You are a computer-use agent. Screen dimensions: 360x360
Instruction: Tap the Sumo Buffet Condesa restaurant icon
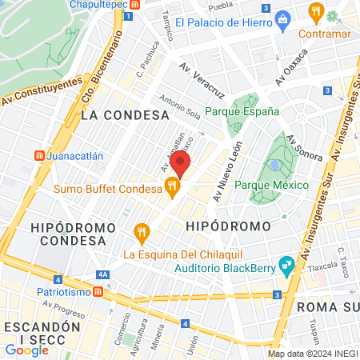pos(171,187)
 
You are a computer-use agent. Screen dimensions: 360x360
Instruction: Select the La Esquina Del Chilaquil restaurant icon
pos(142,233)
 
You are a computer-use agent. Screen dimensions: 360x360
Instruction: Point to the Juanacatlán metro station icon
pos(37,155)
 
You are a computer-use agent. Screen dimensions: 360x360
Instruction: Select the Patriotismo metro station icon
pos(96,293)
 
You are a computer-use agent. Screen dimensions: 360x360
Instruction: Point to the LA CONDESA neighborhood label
pos(112,115)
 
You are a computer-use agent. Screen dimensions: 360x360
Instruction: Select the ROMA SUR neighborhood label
pos(326,306)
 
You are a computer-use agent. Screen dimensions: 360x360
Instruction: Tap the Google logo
pos(26,349)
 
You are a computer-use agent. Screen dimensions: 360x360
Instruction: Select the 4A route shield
pos(102,274)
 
